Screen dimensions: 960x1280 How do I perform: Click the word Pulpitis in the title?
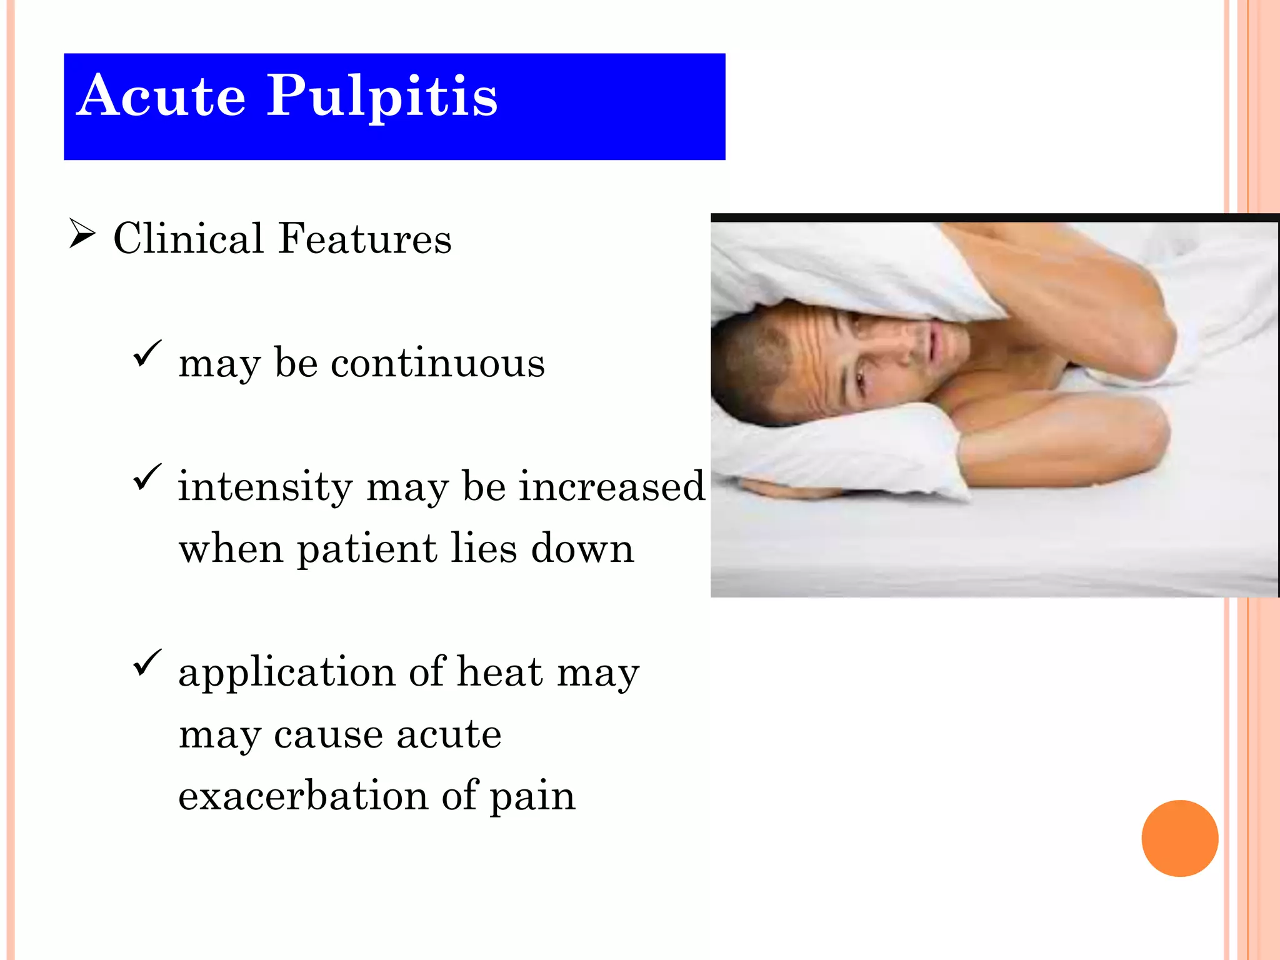pos(382,97)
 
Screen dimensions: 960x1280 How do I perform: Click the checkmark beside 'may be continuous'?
pos(147,353)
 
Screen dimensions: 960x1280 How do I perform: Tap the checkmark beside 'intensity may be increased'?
pos(147,477)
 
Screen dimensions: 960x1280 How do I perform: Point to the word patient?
pos(367,549)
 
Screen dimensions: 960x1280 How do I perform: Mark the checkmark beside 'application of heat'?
pos(147,662)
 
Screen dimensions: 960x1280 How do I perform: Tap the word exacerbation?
pos(303,796)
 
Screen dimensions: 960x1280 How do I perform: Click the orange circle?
pos(1179,838)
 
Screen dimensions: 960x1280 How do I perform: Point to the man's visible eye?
pos(862,378)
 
